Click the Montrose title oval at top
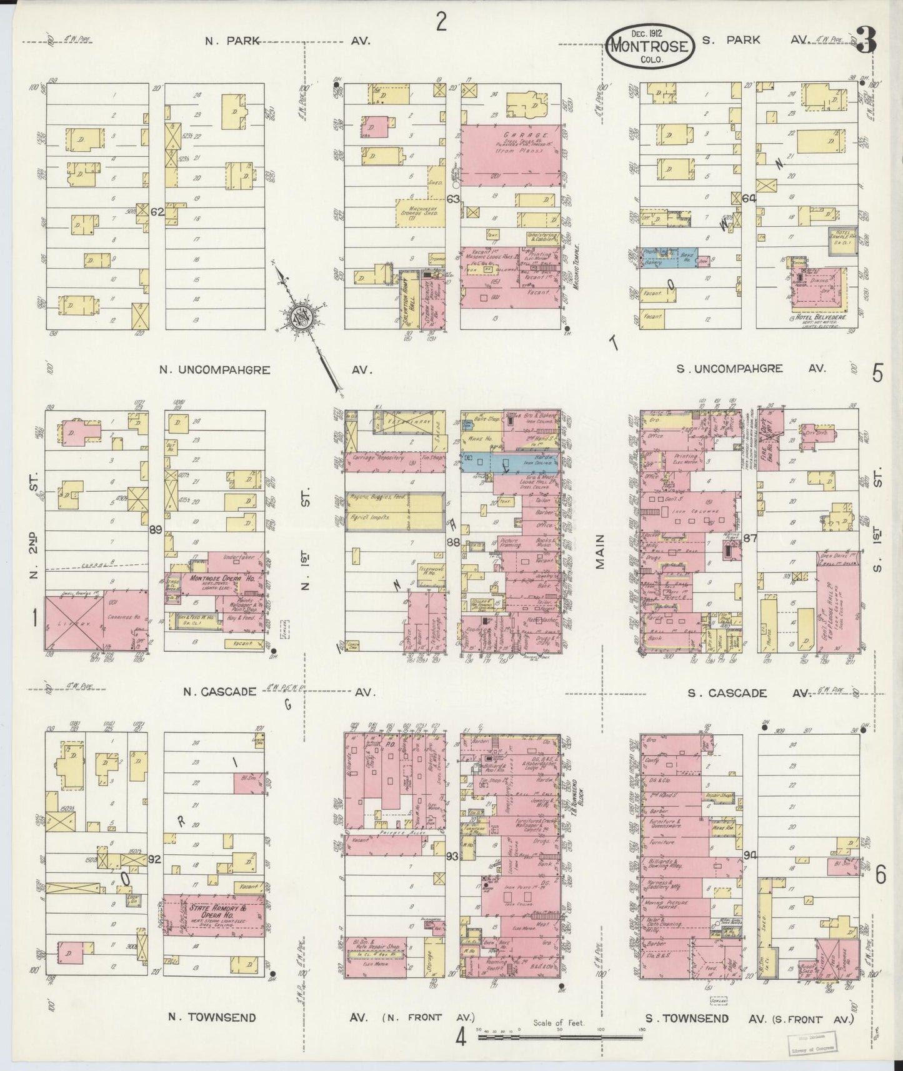click(x=649, y=46)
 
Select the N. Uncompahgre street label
click(x=214, y=370)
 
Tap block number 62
click(x=157, y=212)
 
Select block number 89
click(x=156, y=530)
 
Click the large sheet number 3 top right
click(x=866, y=42)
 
